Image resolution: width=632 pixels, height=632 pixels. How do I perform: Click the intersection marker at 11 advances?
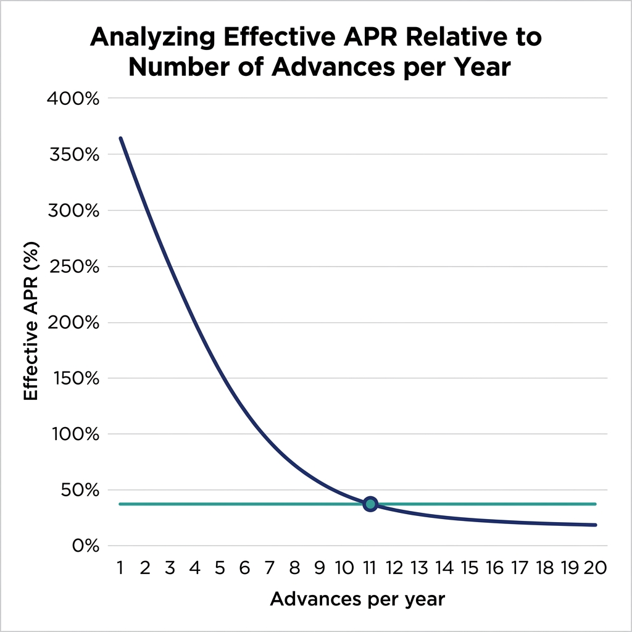(370, 504)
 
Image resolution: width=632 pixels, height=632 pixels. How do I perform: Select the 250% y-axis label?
(73, 267)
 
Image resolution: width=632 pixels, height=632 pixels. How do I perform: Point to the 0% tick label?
(83, 546)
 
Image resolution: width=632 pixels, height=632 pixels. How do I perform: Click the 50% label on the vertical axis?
(78, 490)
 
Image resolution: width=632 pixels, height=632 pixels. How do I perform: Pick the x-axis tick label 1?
(120, 568)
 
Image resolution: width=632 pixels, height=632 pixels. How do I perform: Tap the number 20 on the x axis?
(595, 568)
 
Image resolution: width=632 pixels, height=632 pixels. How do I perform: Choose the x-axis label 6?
(245, 568)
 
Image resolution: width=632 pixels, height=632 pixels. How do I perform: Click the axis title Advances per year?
(357, 599)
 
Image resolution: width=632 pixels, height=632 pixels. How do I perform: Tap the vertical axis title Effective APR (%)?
(31, 322)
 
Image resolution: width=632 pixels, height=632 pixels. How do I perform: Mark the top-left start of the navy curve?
(120, 138)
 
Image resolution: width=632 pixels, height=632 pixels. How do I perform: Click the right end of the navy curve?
(596, 525)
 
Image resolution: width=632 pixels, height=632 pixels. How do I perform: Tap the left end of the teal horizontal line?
(120, 504)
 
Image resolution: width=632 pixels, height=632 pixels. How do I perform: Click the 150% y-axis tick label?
(73, 378)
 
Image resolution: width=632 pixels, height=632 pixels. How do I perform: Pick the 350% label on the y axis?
(73, 154)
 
